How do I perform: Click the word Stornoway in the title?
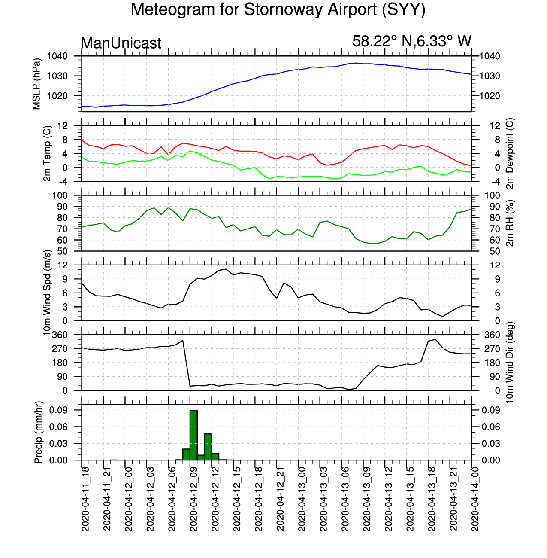(284, 9)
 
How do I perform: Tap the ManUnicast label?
(121, 43)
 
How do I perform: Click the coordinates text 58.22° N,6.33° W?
(411, 41)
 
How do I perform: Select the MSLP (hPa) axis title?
(36, 84)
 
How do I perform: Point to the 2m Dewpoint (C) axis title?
(510, 153)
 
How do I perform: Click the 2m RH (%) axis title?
(510, 223)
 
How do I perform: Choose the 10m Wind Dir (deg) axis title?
(510, 362)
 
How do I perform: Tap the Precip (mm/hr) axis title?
(38, 432)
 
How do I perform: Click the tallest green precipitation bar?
(194, 435)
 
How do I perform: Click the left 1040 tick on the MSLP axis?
(57, 56)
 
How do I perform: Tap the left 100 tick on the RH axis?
(60, 195)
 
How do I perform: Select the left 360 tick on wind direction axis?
(60, 335)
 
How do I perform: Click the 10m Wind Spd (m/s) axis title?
(47, 293)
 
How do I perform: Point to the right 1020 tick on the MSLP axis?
(490, 96)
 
